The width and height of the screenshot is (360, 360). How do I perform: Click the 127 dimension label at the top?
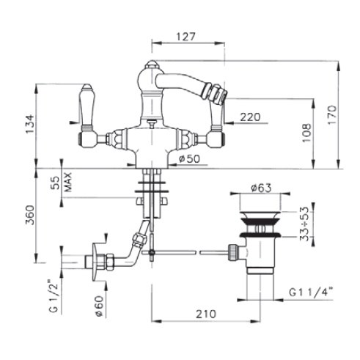pos(186,37)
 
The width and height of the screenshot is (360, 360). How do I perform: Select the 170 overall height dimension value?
pos(332,115)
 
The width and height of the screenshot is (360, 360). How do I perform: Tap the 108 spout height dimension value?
pos(306,133)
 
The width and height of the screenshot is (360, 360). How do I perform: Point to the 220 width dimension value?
pos(250,117)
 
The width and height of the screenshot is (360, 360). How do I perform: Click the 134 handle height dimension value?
pos(31,124)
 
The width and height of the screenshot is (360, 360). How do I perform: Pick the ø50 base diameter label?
pos(189,159)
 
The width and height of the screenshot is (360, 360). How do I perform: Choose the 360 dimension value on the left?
pos(31,215)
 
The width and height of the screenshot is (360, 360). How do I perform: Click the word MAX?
pos(67,182)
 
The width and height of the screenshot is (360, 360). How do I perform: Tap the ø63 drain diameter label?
pos(261,188)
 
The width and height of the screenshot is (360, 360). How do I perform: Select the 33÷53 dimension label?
pos(304,224)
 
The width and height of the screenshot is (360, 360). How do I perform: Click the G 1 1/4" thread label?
pos(311,292)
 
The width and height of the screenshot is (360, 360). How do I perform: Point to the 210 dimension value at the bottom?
pos(206,315)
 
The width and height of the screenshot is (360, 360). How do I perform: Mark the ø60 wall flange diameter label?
pos(100,306)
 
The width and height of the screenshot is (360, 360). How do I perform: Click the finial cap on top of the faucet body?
pos(152,65)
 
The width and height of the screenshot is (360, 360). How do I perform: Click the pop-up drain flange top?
pos(260,216)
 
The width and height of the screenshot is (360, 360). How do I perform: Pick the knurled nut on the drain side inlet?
pos(232,252)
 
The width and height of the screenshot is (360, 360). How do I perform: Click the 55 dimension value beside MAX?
pos(56,183)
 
